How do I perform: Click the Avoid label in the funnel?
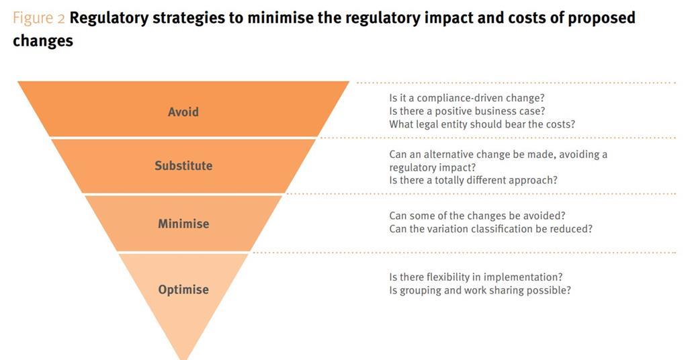click(x=183, y=111)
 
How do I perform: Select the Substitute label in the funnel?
click(x=183, y=165)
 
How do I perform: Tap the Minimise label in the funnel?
click(x=183, y=223)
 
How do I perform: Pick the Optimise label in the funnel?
click(x=183, y=289)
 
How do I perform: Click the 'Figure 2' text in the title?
click(x=38, y=17)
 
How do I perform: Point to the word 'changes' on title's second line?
click(x=42, y=40)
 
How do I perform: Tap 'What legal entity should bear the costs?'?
click(x=482, y=124)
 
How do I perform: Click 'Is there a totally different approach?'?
click(x=473, y=180)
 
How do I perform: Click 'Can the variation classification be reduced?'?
click(x=490, y=229)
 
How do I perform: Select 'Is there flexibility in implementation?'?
click(x=476, y=277)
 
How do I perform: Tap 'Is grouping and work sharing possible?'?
click(x=480, y=290)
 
